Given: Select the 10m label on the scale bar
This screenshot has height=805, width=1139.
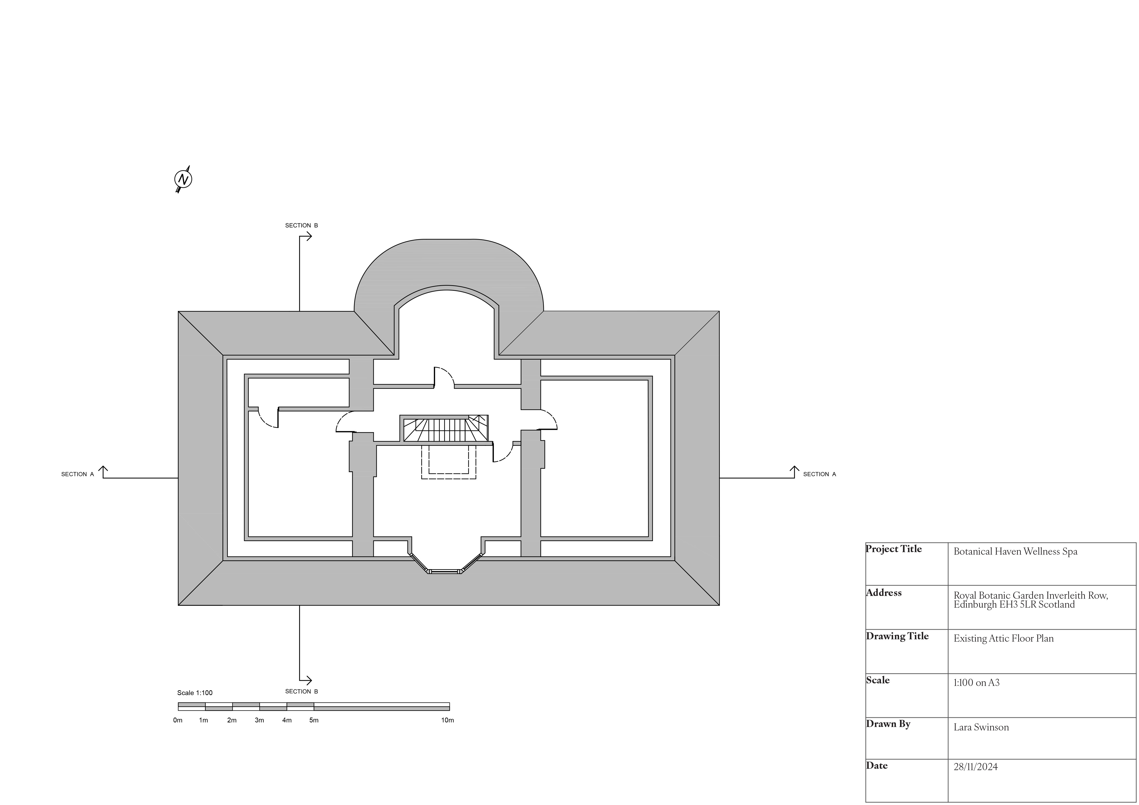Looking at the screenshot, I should click(447, 720).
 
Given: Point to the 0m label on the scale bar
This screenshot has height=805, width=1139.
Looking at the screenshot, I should click(178, 720).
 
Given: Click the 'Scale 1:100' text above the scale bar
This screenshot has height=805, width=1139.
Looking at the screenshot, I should click(195, 693).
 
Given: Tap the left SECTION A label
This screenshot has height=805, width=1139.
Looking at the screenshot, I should click(77, 474).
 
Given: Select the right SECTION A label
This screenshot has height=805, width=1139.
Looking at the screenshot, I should click(820, 474).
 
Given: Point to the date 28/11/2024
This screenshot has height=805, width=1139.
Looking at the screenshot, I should click(975, 767).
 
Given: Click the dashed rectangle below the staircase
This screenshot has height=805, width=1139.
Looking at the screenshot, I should click(448, 462).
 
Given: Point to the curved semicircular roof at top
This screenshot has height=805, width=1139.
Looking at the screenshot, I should click(448, 263).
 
